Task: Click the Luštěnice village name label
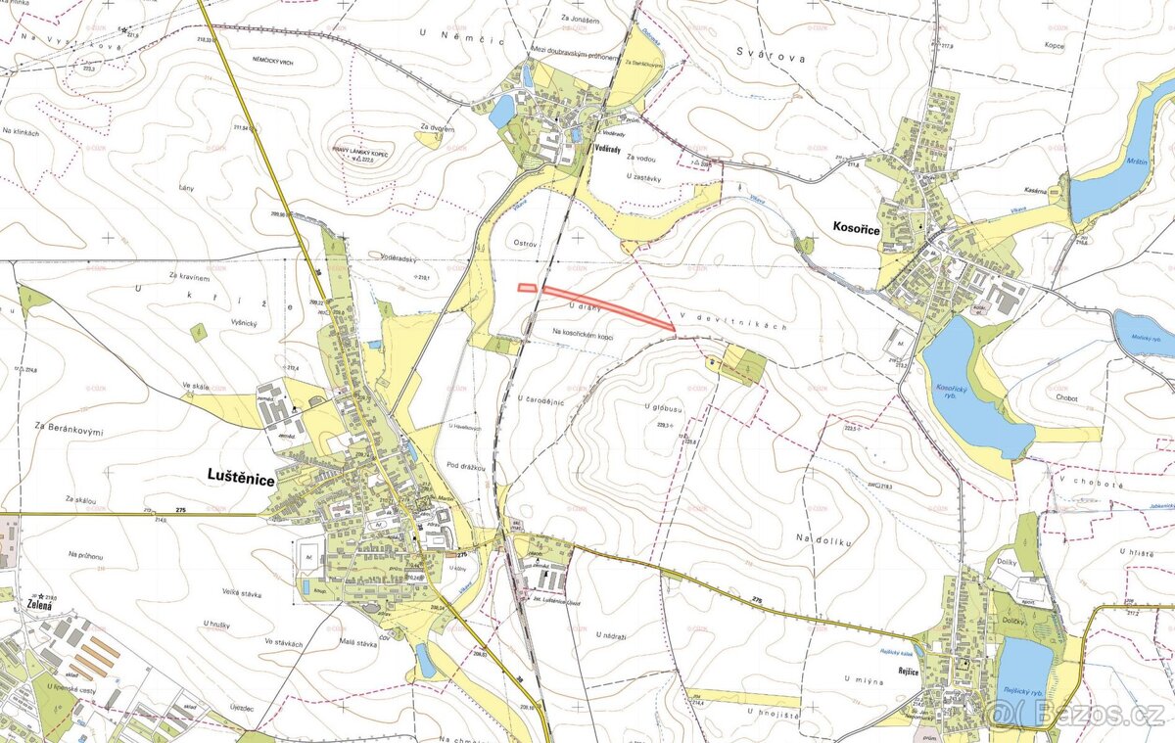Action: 241,476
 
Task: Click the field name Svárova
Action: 772,58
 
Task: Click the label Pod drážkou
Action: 466,467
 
